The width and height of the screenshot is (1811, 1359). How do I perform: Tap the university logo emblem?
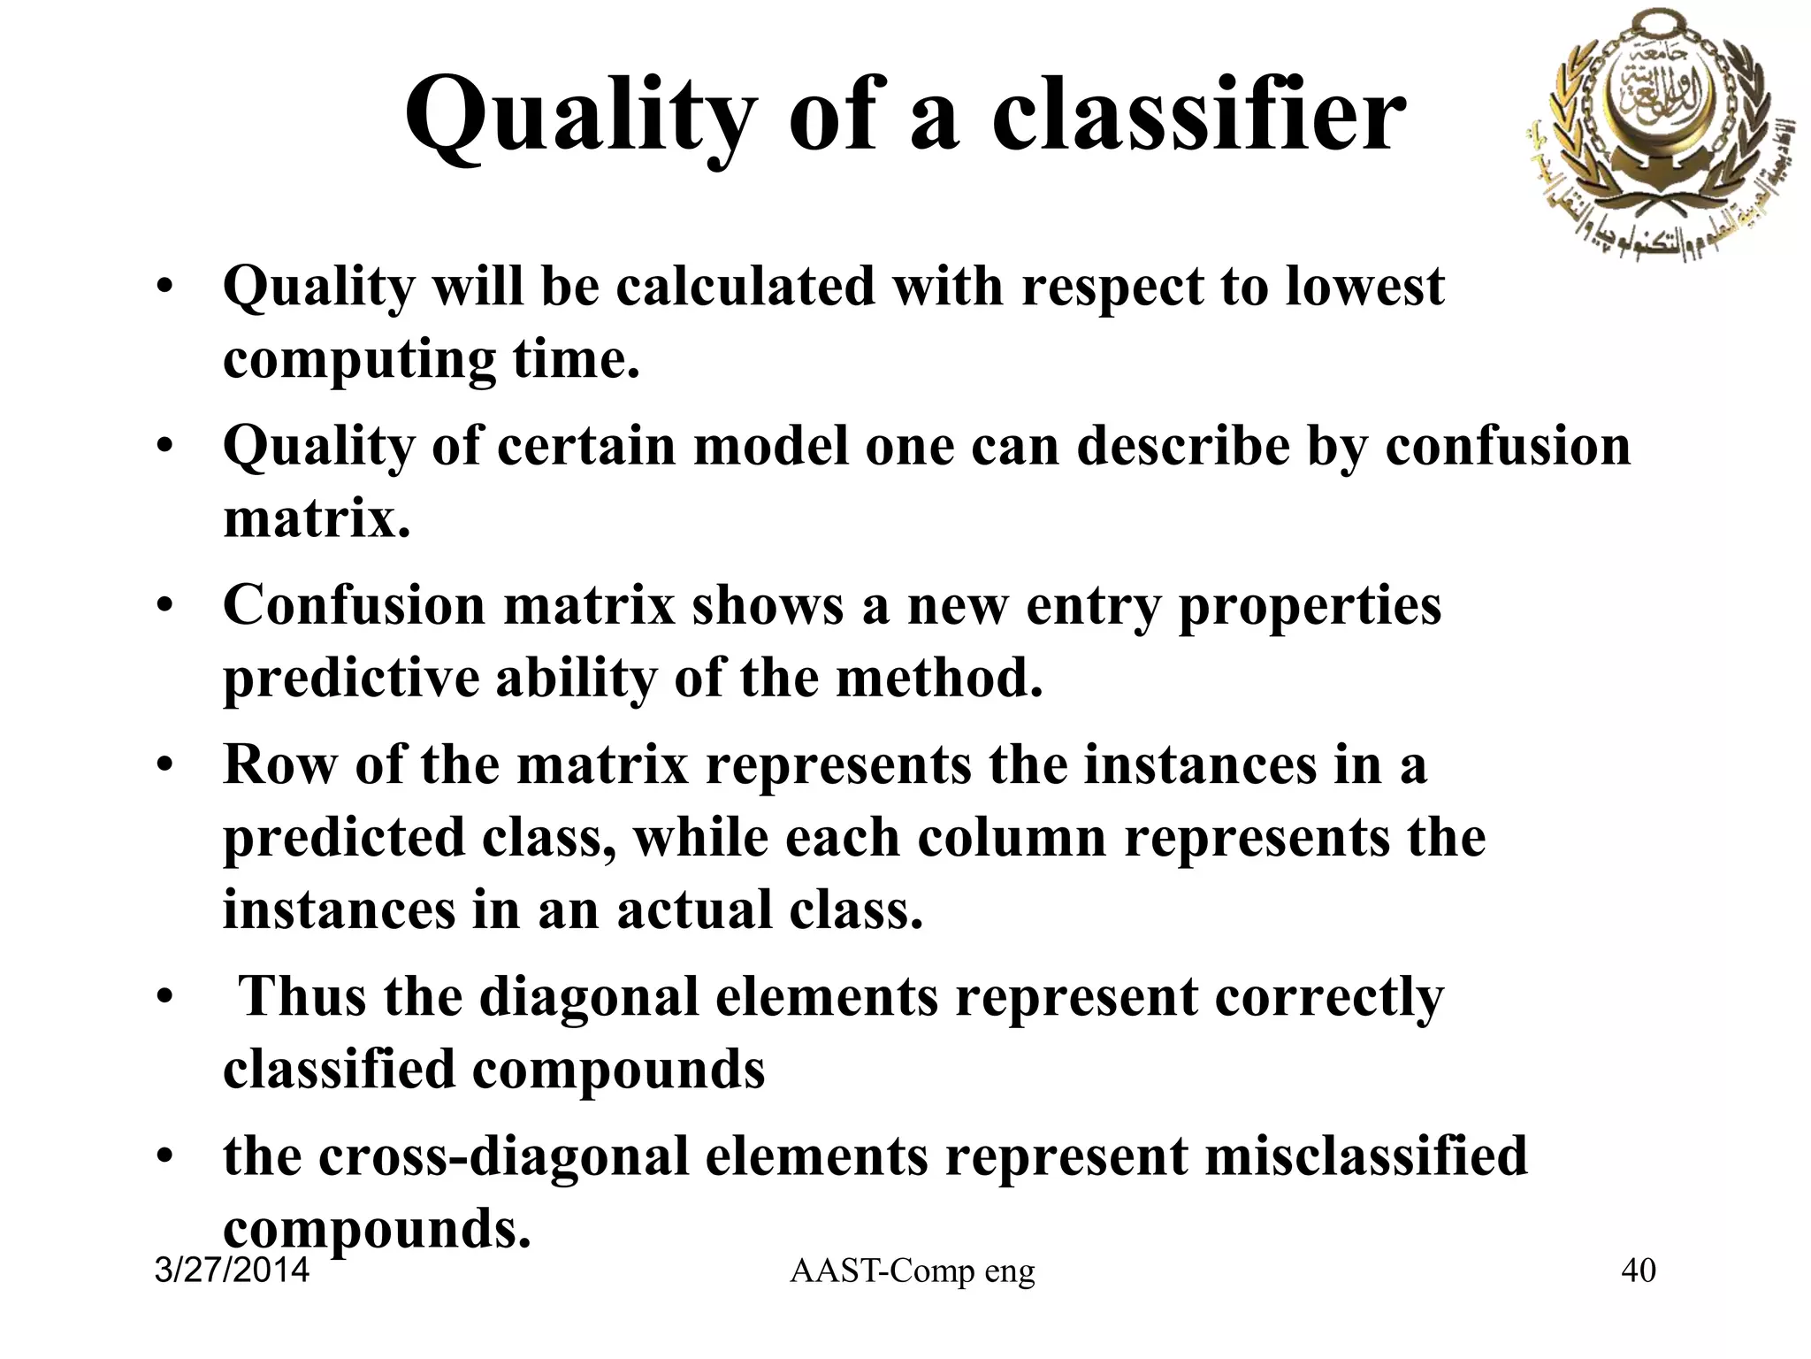pos(1656,137)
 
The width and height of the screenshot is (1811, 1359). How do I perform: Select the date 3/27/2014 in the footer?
pos(232,1271)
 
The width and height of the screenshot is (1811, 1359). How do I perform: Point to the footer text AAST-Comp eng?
pos(912,1271)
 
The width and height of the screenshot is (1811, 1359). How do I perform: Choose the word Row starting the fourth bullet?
pos(279,764)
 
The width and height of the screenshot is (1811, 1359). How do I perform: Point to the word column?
pos(1012,837)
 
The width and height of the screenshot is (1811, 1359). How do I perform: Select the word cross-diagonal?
pos(503,1156)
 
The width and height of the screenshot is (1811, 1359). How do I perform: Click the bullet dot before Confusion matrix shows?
pos(163,607)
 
